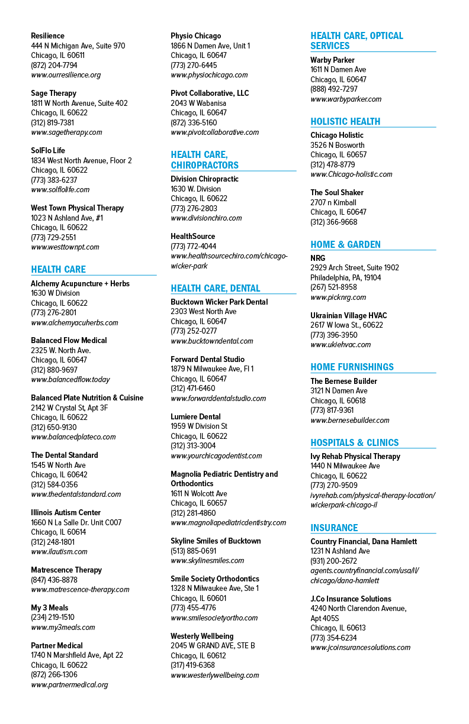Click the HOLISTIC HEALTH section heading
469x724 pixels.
[345, 121]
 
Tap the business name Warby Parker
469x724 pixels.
[332, 60]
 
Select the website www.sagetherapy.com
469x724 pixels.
[66, 132]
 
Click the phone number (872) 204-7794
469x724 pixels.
[54, 65]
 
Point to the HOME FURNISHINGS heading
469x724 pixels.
[352, 367]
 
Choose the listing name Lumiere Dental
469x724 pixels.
[195, 416]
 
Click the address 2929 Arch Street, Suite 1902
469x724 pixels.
[355, 267]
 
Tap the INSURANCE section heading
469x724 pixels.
[334, 528]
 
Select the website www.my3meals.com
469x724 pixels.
[63, 628]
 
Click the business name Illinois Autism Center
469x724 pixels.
[66, 513]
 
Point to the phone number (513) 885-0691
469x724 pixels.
[194, 551]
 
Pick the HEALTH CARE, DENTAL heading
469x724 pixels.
[216, 288]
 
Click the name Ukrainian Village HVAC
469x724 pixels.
[349, 315]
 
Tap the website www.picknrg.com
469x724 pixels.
[338, 298]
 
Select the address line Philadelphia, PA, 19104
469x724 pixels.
[346, 277]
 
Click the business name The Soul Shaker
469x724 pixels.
[337, 193]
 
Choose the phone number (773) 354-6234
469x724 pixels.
[334, 638]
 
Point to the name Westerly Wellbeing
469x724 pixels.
[202, 636]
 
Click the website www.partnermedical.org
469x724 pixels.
[70, 684]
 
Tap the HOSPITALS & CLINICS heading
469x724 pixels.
[355, 442]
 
